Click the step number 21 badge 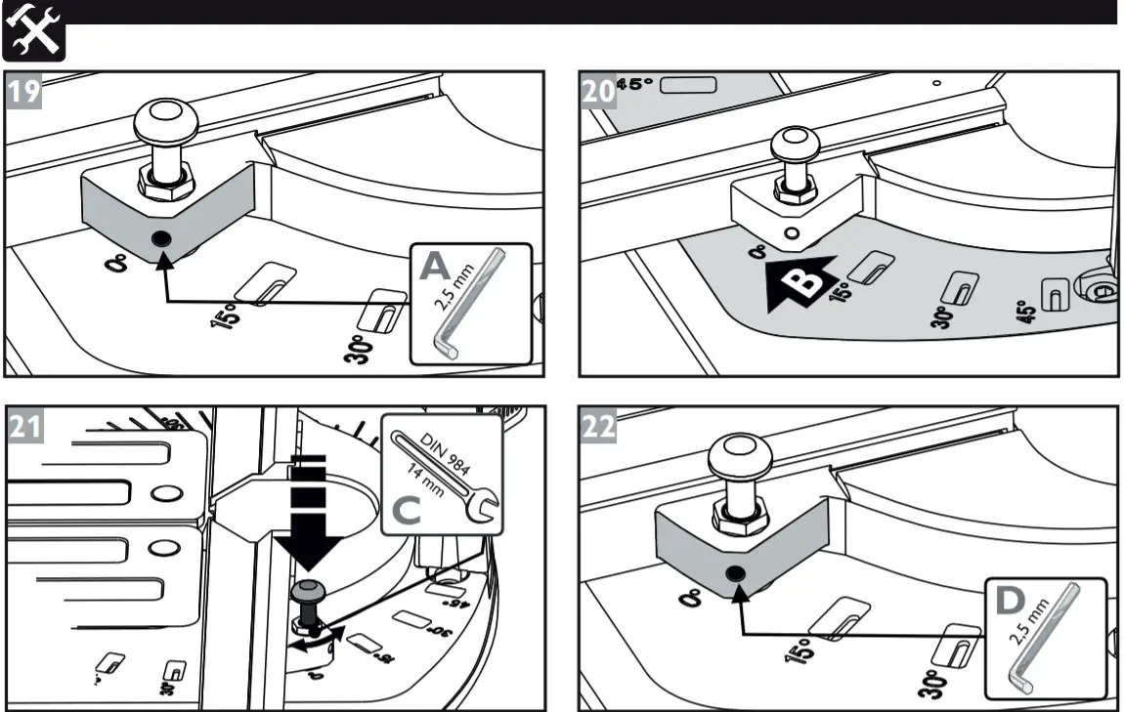(24, 427)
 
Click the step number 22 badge (598, 427)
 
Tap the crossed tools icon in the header (35, 30)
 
